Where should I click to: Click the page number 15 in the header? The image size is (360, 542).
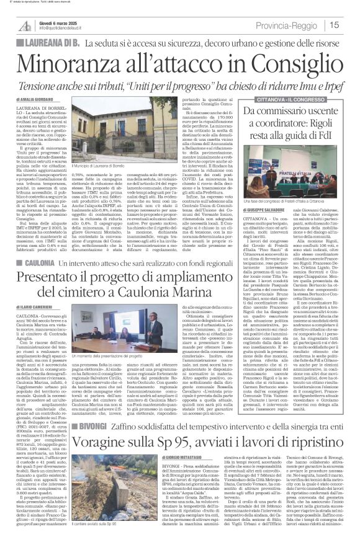[x=351, y=25]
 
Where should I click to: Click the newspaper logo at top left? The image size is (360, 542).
[x=25, y=24]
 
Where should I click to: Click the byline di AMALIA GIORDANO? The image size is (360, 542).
[x=37, y=99]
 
